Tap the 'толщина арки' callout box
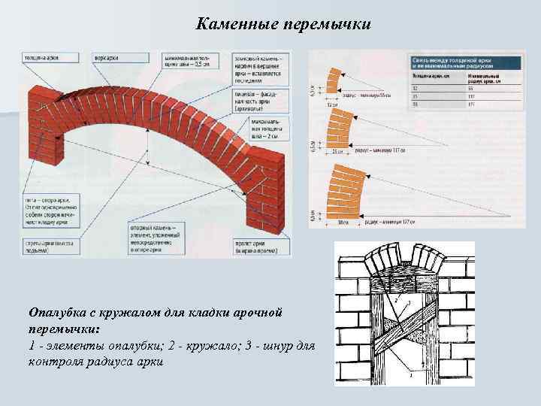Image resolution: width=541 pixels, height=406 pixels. click(42, 57)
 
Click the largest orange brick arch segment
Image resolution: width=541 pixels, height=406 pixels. click(341, 191)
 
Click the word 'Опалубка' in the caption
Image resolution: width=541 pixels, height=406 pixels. click(56, 311)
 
